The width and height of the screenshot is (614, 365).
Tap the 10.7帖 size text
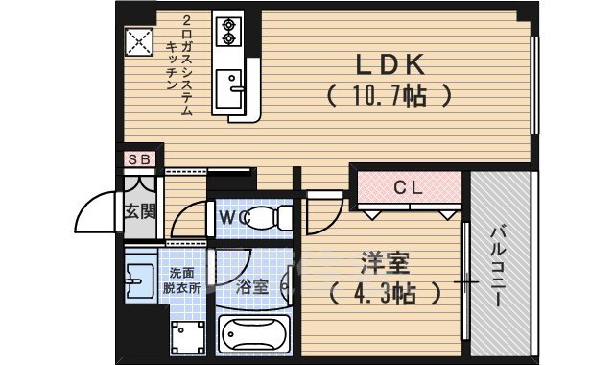388,96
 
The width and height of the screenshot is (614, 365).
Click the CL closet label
408,188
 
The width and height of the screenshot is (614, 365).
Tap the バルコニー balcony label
499,266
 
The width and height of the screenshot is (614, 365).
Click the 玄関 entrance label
140,211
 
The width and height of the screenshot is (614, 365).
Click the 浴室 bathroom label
251,285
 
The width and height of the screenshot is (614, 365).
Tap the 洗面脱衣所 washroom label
180,280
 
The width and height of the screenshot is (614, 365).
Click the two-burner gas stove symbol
230,31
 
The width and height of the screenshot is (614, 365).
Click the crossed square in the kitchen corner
139,41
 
